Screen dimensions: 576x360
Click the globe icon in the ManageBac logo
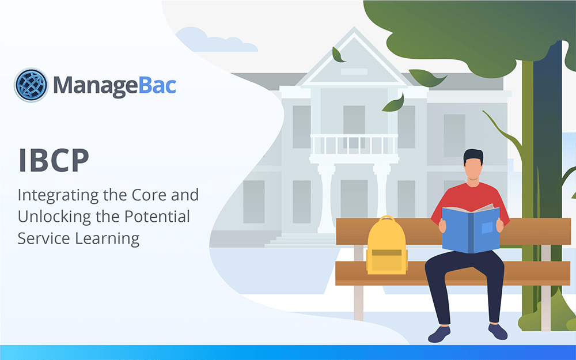31,85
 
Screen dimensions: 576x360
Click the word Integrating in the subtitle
58,196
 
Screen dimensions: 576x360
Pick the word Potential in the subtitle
157,217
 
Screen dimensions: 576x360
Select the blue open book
471,229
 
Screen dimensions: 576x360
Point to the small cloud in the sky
216,40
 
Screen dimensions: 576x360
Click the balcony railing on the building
354,145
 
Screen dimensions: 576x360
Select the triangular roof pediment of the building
354,58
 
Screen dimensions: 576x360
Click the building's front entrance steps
301,240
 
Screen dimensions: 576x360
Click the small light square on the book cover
487,228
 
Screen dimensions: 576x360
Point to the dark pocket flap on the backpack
387,253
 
